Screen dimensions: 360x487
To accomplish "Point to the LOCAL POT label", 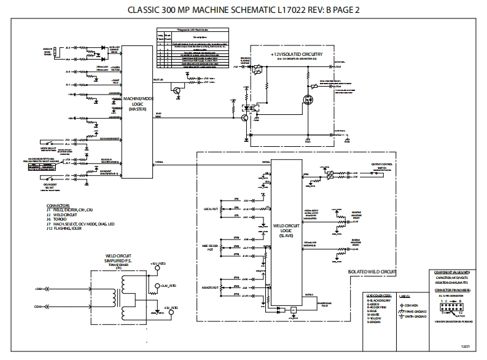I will [211, 209].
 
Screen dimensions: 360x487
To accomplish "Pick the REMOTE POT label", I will [211, 288].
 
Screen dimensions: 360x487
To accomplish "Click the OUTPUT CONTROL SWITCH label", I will [381, 166].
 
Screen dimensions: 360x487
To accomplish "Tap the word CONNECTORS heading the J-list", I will [60, 205].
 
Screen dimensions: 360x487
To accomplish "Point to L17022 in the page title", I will [303, 10].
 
